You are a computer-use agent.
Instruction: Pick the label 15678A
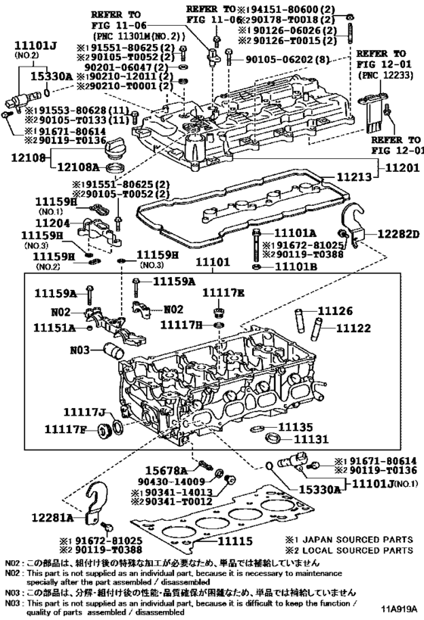click(x=161, y=470)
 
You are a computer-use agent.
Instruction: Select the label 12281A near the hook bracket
click(x=53, y=518)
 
